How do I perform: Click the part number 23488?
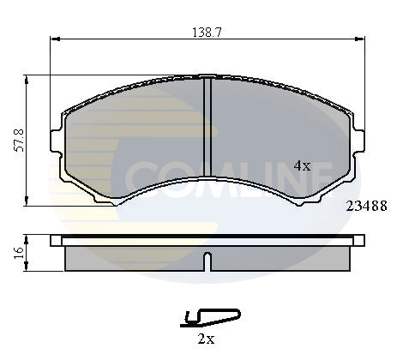364,206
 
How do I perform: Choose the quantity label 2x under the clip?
206,339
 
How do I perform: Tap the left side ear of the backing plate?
57,139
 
